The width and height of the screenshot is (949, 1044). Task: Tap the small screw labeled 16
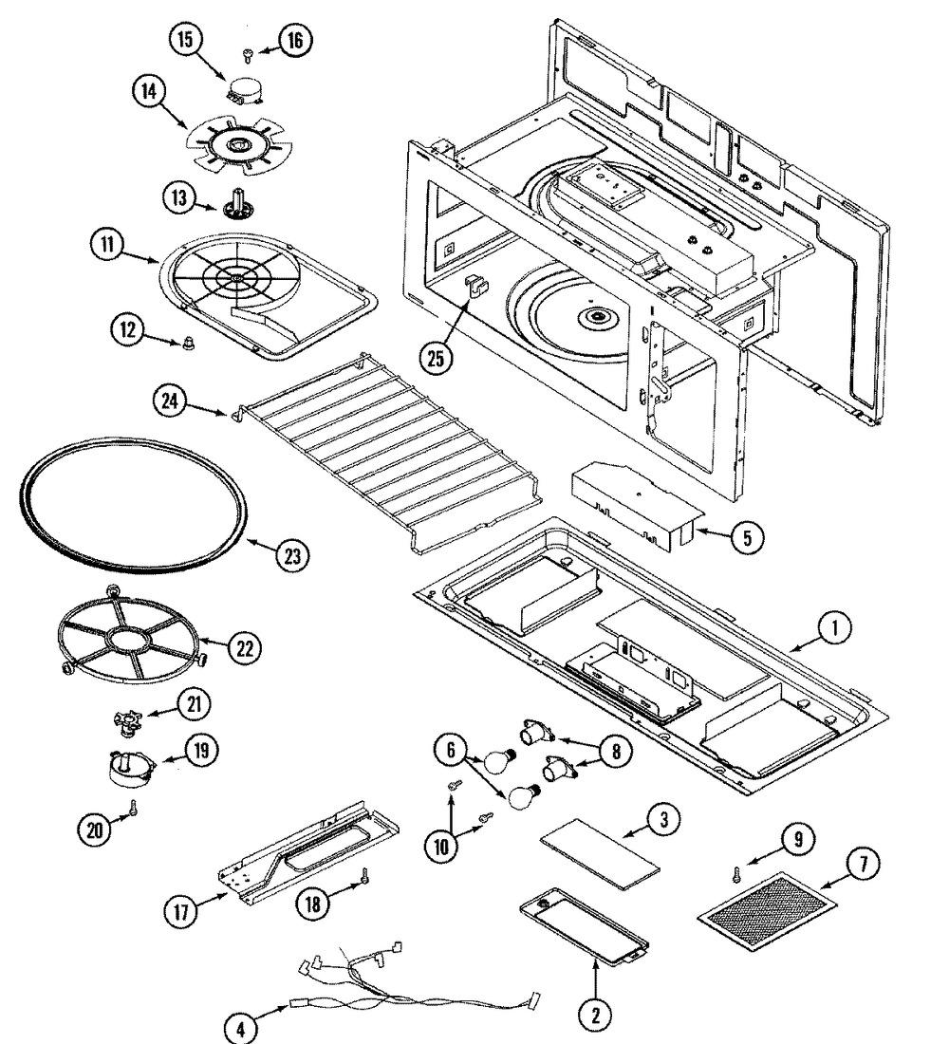pos(248,56)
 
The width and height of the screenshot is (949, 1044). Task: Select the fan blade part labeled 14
pos(237,145)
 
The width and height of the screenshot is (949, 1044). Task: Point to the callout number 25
pos(435,358)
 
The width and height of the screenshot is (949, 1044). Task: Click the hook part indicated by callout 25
pos(476,287)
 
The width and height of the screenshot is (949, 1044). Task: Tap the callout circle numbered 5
pos(747,537)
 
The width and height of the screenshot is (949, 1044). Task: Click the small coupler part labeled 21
pos(127,723)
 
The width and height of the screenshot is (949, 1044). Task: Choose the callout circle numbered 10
pos(441,847)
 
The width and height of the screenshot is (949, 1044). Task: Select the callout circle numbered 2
pos(595,1015)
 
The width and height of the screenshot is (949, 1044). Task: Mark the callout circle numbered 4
pos(240,1028)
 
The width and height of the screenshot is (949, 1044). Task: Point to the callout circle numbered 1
pos(834,627)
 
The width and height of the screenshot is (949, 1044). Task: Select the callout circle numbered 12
pos(127,329)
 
